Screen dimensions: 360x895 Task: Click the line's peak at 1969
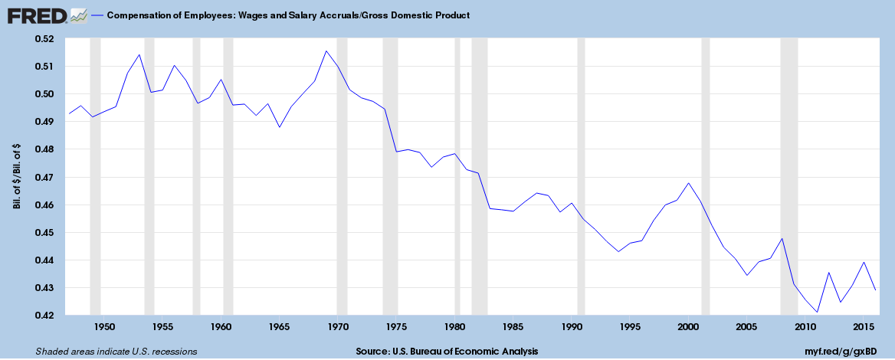coord(326,51)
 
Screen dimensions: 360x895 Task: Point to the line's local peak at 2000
coord(688,183)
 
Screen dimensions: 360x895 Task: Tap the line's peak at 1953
coord(139,54)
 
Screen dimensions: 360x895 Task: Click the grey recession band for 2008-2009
coord(788,176)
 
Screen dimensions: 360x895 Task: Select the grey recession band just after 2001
coord(705,176)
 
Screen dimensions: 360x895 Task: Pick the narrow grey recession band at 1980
coord(457,176)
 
